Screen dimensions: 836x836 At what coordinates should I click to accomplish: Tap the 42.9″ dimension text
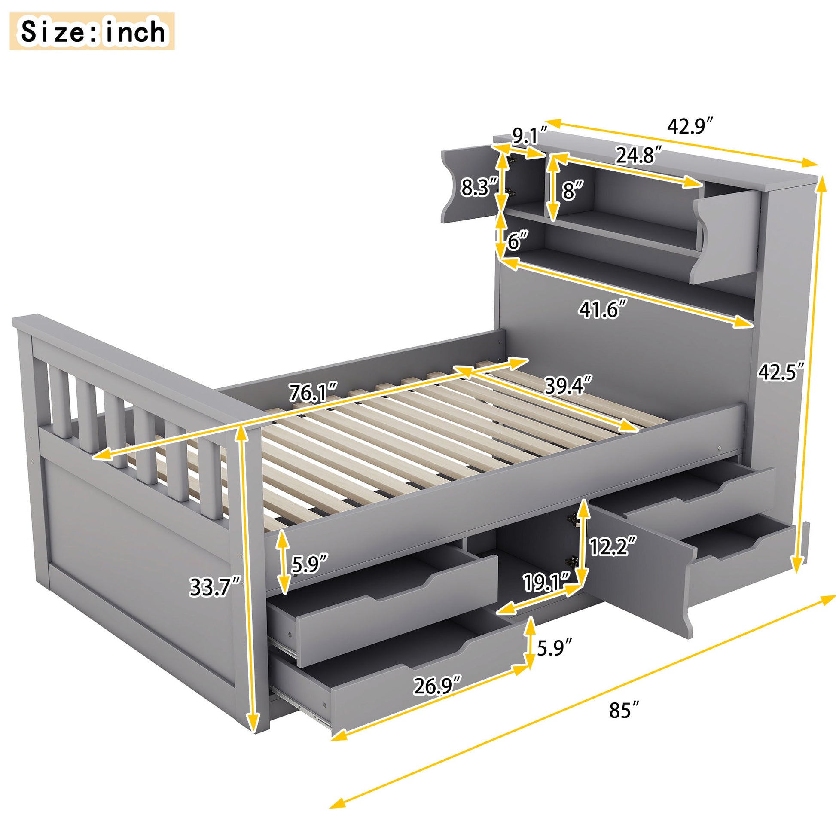point(690,126)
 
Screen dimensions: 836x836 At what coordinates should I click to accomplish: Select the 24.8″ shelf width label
point(639,156)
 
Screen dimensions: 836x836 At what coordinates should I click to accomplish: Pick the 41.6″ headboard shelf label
point(603,310)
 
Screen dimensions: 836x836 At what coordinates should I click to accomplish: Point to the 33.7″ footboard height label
point(215,588)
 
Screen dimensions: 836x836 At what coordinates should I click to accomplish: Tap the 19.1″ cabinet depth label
point(548,583)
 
